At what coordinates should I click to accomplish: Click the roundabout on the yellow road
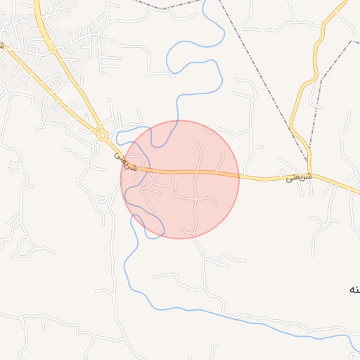[103, 134]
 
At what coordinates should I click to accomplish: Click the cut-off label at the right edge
[354, 289]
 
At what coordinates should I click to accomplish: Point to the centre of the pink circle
[180, 179]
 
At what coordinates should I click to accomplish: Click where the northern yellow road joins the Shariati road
[309, 174]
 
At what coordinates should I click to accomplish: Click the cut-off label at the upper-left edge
[2, 45]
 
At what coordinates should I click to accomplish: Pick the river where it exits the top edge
[204, 4]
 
